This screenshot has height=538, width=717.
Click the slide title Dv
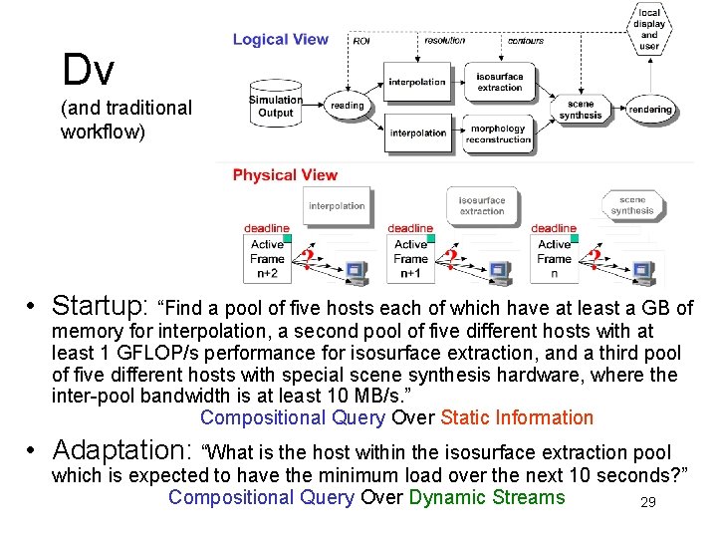click(x=88, y=70)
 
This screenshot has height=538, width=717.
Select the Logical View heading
click(x=280, y=40)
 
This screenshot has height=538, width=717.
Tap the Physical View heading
click(x=285, y=175)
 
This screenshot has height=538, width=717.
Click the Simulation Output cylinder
click(x=276, y=106)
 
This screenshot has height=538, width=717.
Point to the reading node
click(x=347, y=105)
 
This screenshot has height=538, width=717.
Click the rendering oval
click(x=649, y=109)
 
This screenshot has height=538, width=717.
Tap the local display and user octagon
click(x=649, y=30)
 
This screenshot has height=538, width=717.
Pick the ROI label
click(x=361, y=41)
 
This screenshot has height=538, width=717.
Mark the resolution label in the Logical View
click(x=444, y=41)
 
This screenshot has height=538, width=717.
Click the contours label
click(x=525, y=41)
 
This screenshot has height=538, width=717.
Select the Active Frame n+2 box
click(x=267, y=258)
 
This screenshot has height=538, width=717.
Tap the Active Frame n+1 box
click(x=410, y=258)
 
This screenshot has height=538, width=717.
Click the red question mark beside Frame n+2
click(x=308, y=261)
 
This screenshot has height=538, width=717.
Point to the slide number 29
click(x=647, y=502)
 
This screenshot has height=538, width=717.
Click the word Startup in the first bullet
click(x=100, y=304)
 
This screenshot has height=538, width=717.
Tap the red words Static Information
click(x=516, y=417)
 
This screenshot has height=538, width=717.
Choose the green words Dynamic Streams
click(x=486, y=497)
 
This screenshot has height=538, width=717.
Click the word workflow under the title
click(x=103, y=131)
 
